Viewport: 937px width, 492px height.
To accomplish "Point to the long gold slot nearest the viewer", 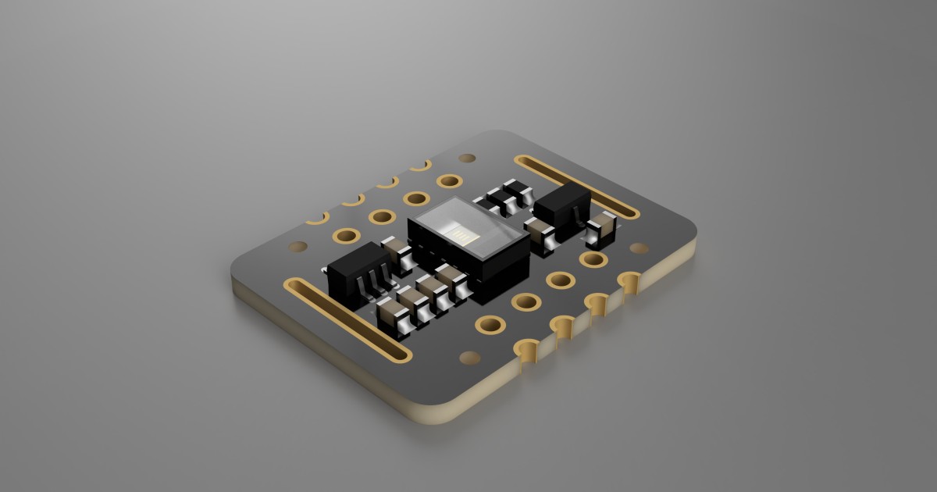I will [347, 319].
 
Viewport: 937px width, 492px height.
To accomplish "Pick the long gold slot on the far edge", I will [577, 185].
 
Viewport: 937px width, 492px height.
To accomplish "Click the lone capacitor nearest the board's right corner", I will [602, 227].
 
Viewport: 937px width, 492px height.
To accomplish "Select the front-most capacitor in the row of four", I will [390, 316].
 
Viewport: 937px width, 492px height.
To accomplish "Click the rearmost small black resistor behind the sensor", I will [515, 189].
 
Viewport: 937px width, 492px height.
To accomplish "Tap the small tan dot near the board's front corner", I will [470, 358].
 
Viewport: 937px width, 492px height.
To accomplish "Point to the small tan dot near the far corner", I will [467, 159].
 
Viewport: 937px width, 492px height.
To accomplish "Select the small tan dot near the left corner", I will [297, 247].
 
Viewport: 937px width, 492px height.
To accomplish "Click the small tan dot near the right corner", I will [639, 248].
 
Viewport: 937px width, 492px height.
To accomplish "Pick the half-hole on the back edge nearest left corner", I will [316, 219].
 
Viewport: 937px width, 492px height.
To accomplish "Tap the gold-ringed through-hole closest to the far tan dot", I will [450, 181].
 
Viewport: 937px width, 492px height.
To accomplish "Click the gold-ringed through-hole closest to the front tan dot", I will [490, 324].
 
